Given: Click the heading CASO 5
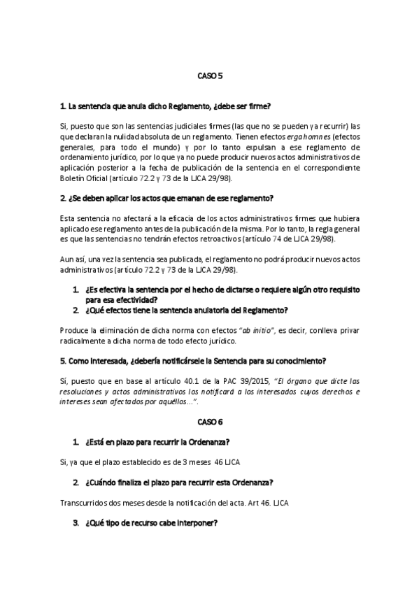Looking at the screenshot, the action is pyautogui.click(x=209, y=76).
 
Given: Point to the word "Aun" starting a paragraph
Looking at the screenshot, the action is pyautogui.click(x=68, y=259).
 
